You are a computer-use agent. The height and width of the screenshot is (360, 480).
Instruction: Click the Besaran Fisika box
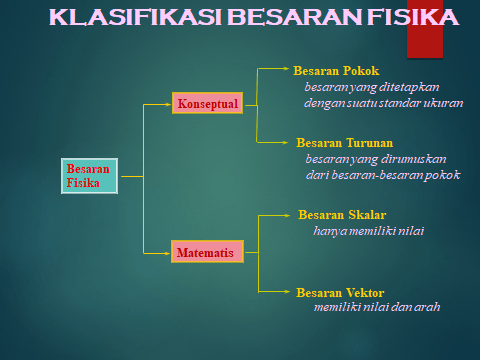coord(89,176)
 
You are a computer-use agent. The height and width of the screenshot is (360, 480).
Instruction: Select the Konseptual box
coord(207,103)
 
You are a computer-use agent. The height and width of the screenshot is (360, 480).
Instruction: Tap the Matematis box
coord(207,252)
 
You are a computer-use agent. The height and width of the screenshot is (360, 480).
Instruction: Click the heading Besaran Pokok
coord(336,71)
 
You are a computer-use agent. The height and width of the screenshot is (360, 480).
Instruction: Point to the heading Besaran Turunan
coord(345,143)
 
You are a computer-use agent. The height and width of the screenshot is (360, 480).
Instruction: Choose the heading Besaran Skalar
coord(342,215)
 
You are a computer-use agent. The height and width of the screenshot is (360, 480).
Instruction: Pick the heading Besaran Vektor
coord(340,293)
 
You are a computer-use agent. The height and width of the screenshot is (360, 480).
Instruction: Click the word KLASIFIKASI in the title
coord(135,17)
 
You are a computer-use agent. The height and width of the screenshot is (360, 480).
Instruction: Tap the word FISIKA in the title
coord(413,17)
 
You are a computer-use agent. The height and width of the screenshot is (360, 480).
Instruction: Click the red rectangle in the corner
coord(425,29)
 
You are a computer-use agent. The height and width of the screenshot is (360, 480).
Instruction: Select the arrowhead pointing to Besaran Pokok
coord(286,68)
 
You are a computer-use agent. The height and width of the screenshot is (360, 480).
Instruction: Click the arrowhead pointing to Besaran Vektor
coord(287,292)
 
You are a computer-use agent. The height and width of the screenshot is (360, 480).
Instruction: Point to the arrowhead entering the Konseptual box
coord(168,104)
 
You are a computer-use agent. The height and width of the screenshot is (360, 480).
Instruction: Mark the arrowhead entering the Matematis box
coord(167,253)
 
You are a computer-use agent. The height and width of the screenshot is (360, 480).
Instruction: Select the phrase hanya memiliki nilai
coord(369,231)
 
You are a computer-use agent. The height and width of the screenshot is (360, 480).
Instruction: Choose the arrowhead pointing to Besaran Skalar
coord(287,216)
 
